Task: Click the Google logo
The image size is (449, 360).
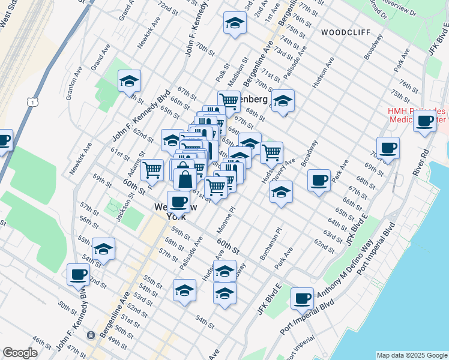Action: (x=20, y=353)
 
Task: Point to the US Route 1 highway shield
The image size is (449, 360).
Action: (x=29, y=103)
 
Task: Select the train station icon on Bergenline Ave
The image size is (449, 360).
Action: (x=91, y=335)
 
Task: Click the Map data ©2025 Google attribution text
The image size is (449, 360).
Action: (x=411, y=355)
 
